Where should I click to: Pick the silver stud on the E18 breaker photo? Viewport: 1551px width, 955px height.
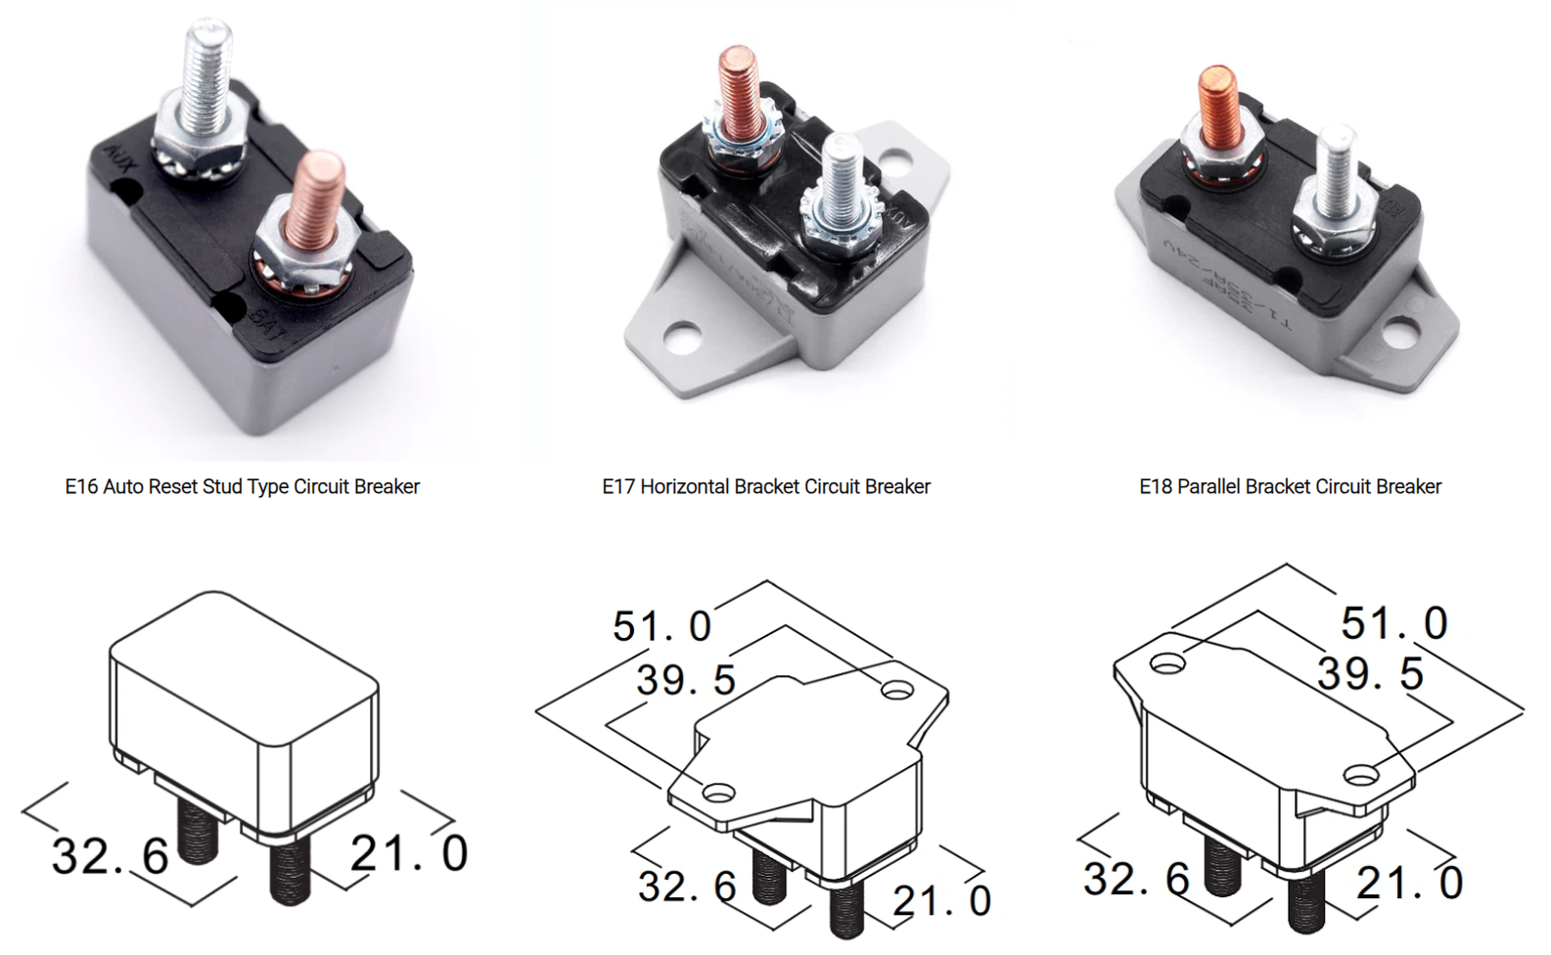tap(1333, 170)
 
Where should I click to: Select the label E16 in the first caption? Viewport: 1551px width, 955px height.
tap(81, 486)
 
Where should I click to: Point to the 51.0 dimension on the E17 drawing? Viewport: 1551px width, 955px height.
tap(662, 627)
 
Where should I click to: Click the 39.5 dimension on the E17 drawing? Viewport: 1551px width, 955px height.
tap(686, 680)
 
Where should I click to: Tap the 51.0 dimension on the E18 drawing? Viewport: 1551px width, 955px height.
tap(1393, 623)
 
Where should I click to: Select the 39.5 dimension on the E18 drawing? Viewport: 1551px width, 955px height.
tap(1370, 674)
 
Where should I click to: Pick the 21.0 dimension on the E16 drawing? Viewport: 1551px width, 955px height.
tap(409, 853)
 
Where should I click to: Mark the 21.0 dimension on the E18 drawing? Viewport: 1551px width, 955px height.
tap(1409, 884)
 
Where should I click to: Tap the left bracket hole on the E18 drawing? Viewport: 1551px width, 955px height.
tap(1166, 663)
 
